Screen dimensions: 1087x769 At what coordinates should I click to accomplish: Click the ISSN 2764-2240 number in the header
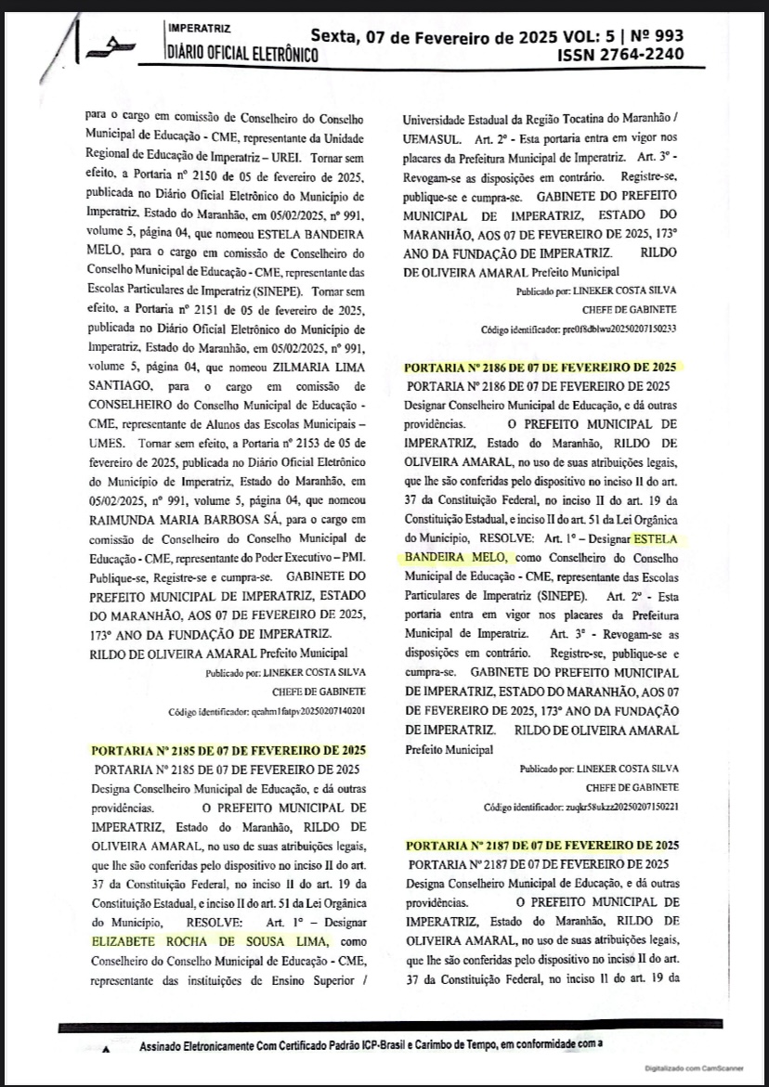click(620, 56)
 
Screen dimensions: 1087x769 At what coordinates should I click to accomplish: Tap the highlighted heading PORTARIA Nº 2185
click(228, 750)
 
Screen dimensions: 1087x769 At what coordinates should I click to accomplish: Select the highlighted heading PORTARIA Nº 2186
click(541, 367)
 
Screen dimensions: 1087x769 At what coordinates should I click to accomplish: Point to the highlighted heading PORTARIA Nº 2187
click(541, 846)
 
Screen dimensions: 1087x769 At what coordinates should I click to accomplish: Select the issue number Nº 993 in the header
click(657, 36)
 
